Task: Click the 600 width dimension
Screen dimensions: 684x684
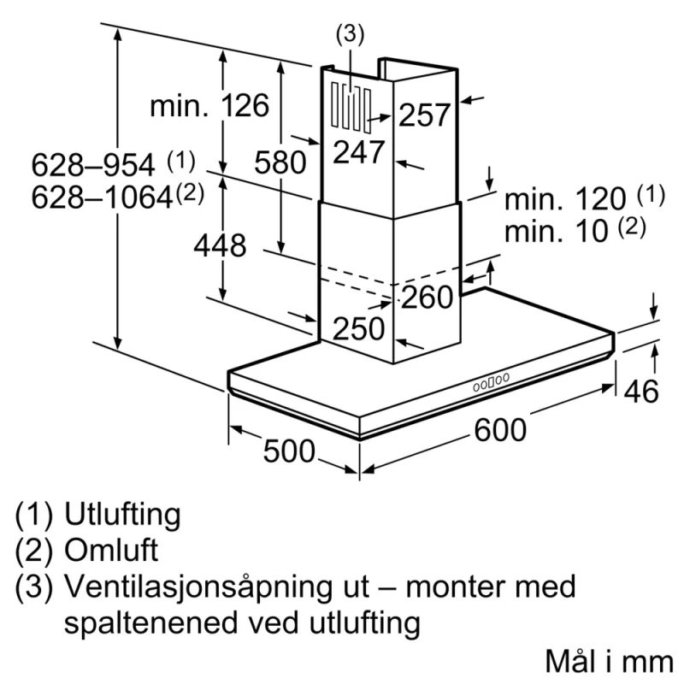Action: pyautogui.click(x=500, y=430)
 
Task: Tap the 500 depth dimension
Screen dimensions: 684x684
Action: pyautogui.click(x=289, y=451)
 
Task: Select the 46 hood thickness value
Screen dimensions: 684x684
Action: pyautogui.click(x=640, y=392)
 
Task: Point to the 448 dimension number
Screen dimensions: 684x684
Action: pyautogui.click(x=220, y=245)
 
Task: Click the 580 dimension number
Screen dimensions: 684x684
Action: pyautogui.click(x=280, y=162)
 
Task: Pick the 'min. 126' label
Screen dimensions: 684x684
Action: pyautogui.click(x=209, y=105)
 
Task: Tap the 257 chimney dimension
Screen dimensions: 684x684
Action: pyautogui.click(x=424, y=115)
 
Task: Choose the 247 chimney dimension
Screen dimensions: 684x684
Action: pyautogui.click(x=359, y=152)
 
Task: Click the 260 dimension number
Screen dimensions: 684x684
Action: pyautogui.click(x=427, y=297)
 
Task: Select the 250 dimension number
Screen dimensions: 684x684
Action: pyautogui.click(x=358, y=328)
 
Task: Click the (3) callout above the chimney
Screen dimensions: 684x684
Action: pyautogui.click(x=350, y=34)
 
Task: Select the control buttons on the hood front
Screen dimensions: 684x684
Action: pyautogui.click(x=491, y=382)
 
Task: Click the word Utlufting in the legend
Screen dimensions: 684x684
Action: pyautogui.click(x=122, y=515)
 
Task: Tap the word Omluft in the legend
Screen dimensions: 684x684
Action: pyautogui.click(x=111, y=550)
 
